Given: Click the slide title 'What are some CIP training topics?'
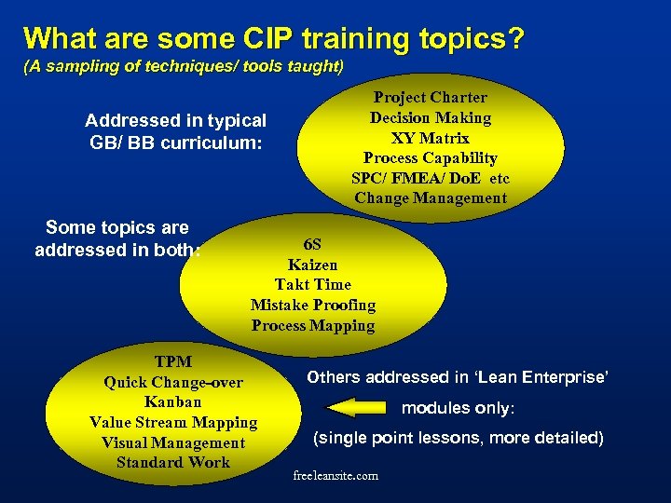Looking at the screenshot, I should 273,39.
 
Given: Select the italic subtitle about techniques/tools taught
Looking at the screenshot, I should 184,67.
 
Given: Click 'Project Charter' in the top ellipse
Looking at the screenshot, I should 431,97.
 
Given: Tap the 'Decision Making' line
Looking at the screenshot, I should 431,117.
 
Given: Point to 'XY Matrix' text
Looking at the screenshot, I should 431,138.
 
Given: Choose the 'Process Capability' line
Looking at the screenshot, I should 431,158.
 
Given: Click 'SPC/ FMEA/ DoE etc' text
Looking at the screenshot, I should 431,178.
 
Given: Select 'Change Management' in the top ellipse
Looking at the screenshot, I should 431,197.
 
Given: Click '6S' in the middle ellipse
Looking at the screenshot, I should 313,244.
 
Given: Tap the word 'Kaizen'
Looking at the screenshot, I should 313,265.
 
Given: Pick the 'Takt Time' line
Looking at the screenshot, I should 313,285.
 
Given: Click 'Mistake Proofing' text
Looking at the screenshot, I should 313,306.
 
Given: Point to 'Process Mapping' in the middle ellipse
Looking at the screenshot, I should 313,326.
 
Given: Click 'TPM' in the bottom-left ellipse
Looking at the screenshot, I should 173,361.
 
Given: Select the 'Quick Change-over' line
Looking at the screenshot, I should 173,382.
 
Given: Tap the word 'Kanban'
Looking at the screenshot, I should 173,402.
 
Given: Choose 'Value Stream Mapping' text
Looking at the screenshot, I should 173,423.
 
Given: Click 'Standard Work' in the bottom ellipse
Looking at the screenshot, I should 173,463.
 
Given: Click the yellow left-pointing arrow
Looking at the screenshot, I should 356,407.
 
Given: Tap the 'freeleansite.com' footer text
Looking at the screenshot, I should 335,476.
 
